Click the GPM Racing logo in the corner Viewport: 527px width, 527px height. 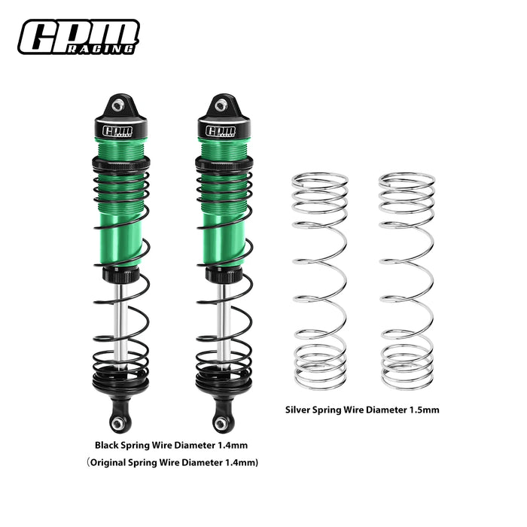78,37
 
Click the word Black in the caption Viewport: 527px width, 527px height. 109,444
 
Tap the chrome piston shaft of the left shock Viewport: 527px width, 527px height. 119,316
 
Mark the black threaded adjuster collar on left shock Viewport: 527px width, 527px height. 119,163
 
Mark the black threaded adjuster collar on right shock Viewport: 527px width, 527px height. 220,163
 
